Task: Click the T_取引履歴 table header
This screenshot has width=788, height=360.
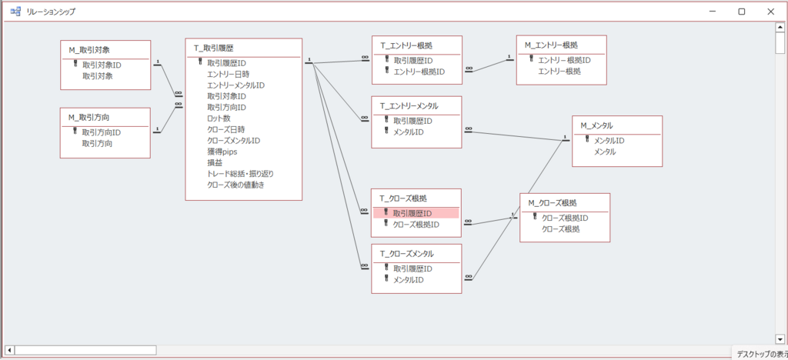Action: click(x=214, y=48)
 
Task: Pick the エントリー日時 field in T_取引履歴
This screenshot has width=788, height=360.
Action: click(x=228, y=74)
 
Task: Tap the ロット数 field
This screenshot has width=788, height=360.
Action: click(x=219, y=118)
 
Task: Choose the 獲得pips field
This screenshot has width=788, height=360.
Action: click(x=222, y=152)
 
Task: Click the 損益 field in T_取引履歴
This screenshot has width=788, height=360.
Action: click(x=215, y=162)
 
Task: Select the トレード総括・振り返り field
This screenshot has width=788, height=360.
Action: click(x=240, y=174)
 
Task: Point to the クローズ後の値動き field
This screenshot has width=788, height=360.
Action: click(x=236, y=185)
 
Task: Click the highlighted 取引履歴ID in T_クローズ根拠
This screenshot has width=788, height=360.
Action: click(x=412, y=213)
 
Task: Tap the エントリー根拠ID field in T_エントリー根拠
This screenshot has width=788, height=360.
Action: click(x=419, y=72)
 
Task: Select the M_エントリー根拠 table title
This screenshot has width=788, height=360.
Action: click(x=551, y=45)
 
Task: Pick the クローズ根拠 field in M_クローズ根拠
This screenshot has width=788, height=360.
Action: click(x=561, y=229)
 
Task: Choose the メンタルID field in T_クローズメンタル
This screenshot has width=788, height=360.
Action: click(x=409, y=280)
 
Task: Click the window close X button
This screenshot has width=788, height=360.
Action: click(x=770, y=12)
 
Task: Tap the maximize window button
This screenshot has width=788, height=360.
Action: click(x=741, y=12)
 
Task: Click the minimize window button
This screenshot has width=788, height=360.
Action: click(x=713, y=12)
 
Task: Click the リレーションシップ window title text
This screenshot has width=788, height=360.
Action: click(x=51, y=12)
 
